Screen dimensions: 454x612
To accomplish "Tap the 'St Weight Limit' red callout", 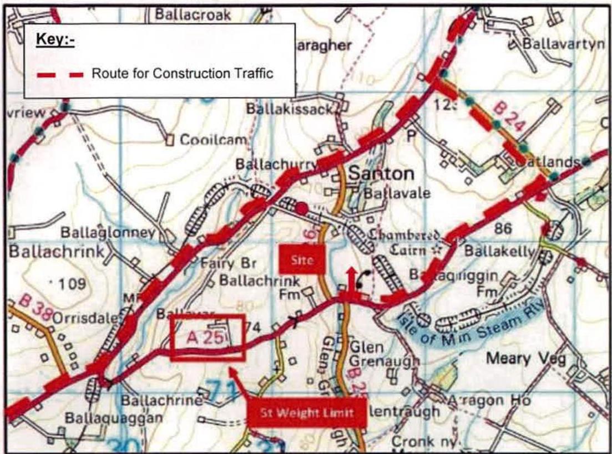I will pos(307,412).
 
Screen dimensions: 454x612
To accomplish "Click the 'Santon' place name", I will pos(381,174).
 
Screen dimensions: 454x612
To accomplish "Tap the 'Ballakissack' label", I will pos(289,110).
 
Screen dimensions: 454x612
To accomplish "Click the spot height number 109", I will pos(74,284).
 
